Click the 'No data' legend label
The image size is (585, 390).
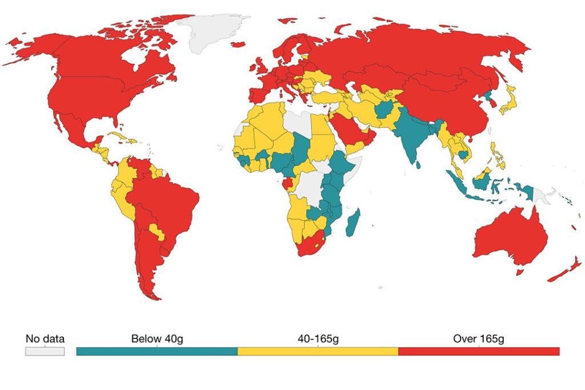(x=45, y=339)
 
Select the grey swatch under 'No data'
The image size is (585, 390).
(x=45, y=351)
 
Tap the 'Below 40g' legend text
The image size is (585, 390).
(x=157, y=339)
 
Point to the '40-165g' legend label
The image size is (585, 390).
(x=318, y=339)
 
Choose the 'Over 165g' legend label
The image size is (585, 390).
(x=479, y=339)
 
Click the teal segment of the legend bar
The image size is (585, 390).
(x=157, y=351)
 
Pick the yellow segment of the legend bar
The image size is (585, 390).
(x=318, y=351)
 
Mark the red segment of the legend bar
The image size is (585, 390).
(x=479, y=351)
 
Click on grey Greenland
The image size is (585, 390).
(x=214, y=31)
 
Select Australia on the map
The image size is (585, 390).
(x=508, y=240)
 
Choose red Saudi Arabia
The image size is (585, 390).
(x=348, y=128)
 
